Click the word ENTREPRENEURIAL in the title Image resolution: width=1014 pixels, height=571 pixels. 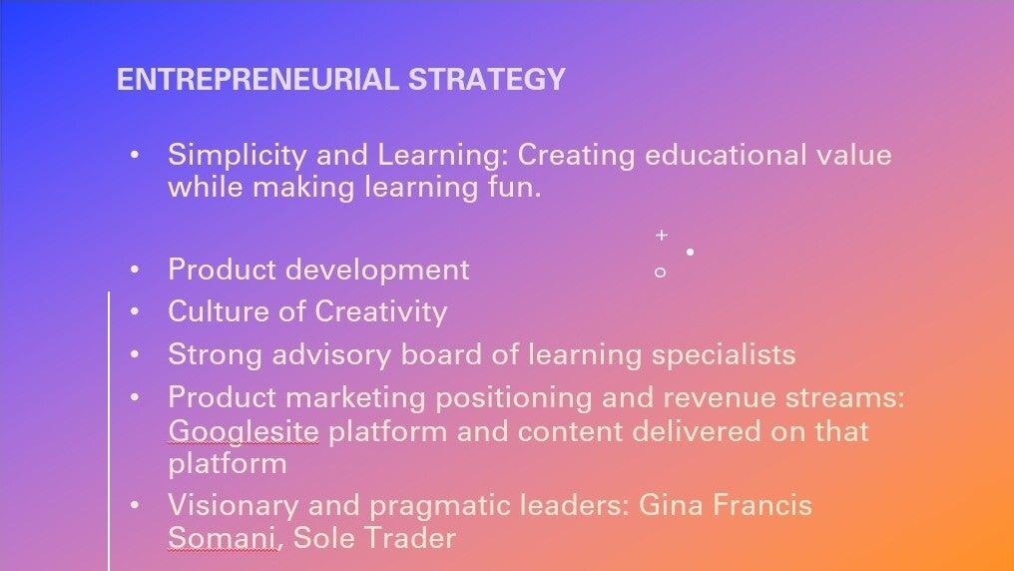click(x=257, y=79)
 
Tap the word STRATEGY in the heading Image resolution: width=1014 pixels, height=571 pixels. click(x=487, y=79)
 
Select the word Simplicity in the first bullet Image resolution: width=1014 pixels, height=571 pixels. click(x=237, y=156)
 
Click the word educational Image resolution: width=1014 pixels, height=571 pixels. click(x=726, y=155)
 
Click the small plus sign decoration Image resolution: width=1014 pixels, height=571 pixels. click(x=661, y=235)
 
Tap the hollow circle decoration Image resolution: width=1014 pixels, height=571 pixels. click(x=660, y=273)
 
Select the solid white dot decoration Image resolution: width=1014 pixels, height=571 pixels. click(x=690, y=252)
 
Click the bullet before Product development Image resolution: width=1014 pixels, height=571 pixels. click(x=135, y=270)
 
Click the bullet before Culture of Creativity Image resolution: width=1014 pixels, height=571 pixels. click(x=135, y=311)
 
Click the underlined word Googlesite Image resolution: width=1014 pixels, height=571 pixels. click(x=244, y=431)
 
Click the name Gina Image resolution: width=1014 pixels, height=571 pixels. click(x=671, y=505)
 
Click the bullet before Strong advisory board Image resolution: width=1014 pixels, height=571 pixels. click(x=135, y=354)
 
